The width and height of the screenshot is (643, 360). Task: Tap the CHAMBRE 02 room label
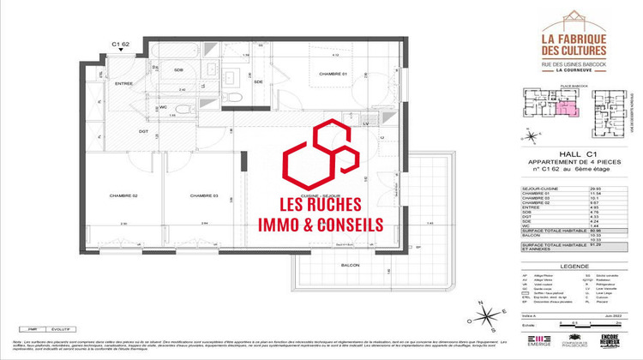pyautogui.click(x=123, y=196)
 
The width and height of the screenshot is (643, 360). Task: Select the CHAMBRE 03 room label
pyautogui.click(x=205, y=196)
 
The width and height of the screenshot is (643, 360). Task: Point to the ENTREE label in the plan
pyautogui.click(x=123, y=83)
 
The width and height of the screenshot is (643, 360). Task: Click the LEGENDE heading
pyautogui.click(x=573, y=266)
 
